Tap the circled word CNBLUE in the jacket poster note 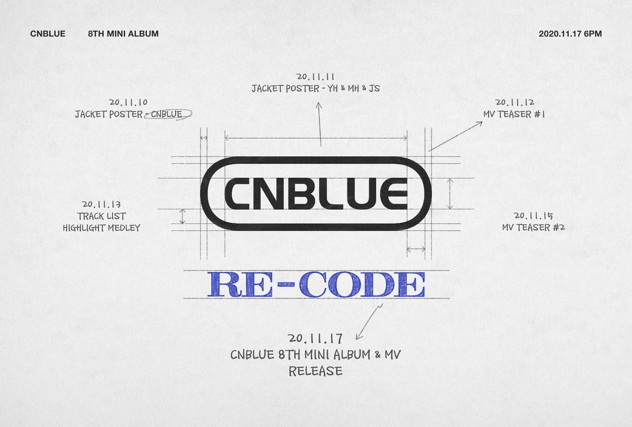[x=167, y=114]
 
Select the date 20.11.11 [x=315, y=77]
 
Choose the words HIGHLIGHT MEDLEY [x=101, y=227]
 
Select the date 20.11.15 [x=534, y=215]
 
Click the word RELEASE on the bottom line [x=315, y=371]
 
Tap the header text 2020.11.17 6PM [x=570, y=34]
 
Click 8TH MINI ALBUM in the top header [x=123, y=34]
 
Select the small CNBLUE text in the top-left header [x=48, y=34]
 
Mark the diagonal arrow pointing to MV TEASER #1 [x=456, y=136]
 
